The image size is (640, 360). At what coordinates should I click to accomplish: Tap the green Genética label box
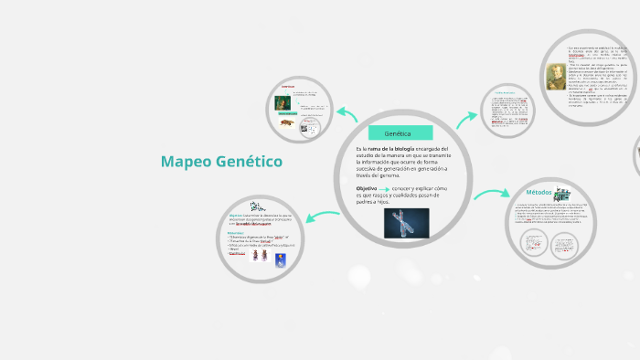click(400, 133)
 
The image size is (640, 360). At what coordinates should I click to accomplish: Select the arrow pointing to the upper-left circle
click(346, 114)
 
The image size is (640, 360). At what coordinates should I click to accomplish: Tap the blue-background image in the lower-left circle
click(280, 262)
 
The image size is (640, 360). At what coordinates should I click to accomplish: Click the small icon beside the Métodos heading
click(568, 194)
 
